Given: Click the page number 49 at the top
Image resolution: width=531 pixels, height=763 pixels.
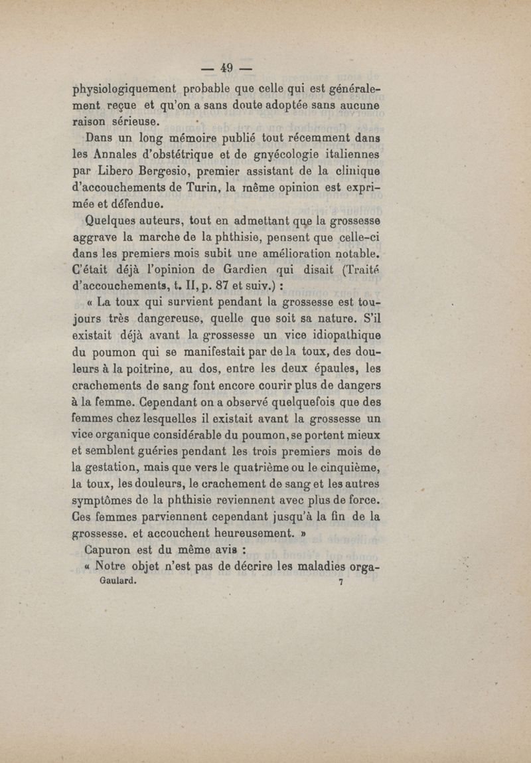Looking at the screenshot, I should coord(228,67).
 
